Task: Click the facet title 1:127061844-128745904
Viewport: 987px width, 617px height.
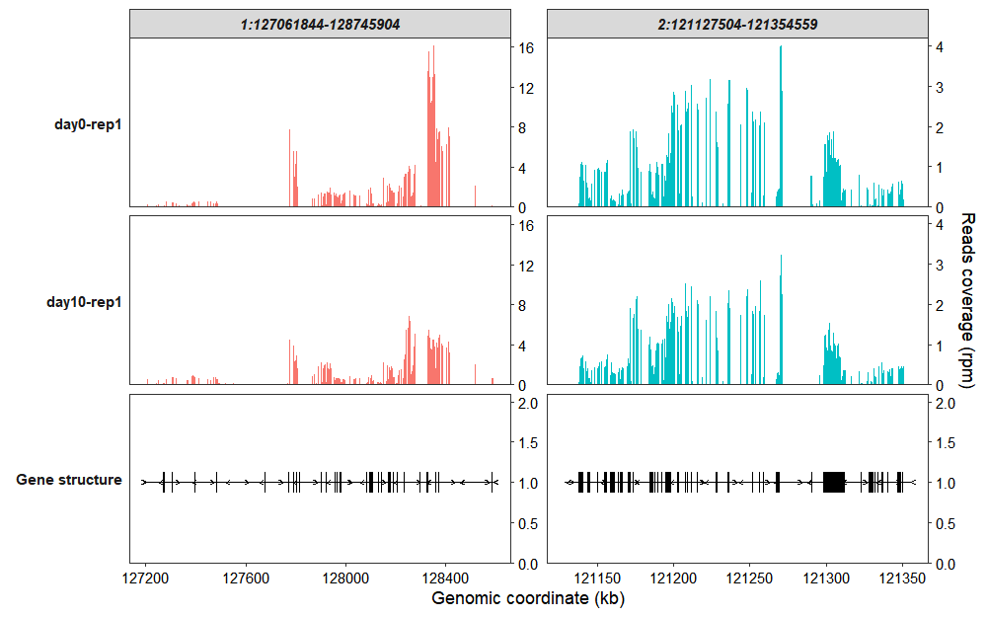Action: (x=320, y=24)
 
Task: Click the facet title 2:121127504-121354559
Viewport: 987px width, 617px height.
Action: (x=736, y=24)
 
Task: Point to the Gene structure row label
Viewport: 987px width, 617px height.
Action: (x=69, y=480)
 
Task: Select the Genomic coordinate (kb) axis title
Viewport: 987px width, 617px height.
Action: (x=528, y=598)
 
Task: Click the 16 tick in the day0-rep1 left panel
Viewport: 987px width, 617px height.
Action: (x=526, y=47)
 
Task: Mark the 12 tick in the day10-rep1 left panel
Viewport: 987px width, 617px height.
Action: (x=526, y=266)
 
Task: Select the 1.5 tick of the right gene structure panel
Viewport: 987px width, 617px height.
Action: (x=945, y=443)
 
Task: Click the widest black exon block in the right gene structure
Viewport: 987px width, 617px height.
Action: (x=834, y=482)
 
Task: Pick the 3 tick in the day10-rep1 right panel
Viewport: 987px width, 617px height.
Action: (x=941, y=265)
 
